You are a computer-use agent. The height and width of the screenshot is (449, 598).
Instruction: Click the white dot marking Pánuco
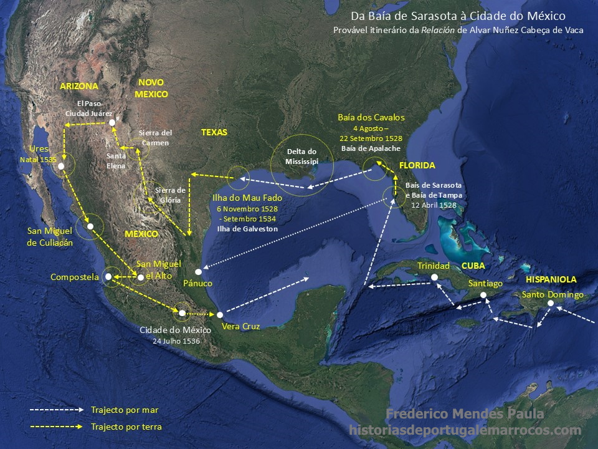(x=198, y=272)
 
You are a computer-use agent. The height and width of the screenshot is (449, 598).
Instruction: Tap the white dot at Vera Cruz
(x=220, y=315)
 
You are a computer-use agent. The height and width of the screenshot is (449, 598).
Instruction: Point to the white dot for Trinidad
(x=435, y=277)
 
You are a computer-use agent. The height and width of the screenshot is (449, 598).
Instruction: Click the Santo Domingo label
(x=553, y=294)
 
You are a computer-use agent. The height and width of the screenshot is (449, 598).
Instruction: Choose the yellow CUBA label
(x=473, y=266)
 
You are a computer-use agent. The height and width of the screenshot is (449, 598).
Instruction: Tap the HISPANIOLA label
(x=551, y=279)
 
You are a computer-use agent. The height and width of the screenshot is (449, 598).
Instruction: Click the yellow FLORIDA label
(x=417, y=166)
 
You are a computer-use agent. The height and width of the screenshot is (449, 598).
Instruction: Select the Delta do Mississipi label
(x=302, y=157)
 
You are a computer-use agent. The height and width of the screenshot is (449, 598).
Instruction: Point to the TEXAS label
(x=214, y=132)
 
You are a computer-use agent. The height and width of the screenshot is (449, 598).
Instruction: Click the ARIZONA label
(x=79, y=86)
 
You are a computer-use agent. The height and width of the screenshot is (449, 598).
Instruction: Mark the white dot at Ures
(x=61, y=167)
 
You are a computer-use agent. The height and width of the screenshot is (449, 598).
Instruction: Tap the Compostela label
(x=75, y=277)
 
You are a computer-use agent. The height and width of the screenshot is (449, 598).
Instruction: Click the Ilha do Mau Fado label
(x=247, y=198)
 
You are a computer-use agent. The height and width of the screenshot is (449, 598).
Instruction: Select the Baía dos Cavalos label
(x=371, y=117)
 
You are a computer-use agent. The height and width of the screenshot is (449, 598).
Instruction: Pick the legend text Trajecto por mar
(x=125, y=410)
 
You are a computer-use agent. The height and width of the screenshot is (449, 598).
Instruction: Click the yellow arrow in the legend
(x=56, y=427)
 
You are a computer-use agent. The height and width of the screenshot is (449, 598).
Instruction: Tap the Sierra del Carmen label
(x=155, y=138)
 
